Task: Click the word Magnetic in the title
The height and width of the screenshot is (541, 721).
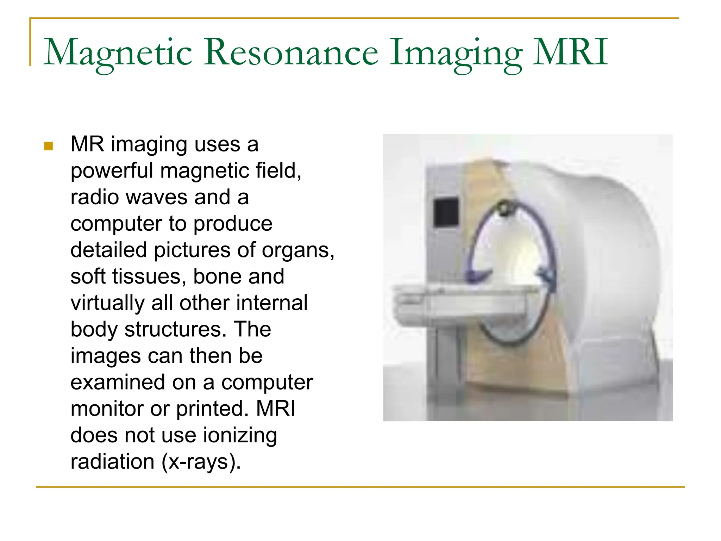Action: (x=118, y=53)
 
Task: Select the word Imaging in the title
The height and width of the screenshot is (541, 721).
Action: (x=456, y=53)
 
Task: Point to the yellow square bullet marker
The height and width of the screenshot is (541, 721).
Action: (x=49, y=146)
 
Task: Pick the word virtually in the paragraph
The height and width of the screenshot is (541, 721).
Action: (x=107, y=303)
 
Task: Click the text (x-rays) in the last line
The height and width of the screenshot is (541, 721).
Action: (x=201, y=462)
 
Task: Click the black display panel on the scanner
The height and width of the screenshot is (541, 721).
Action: (x=446, y=212)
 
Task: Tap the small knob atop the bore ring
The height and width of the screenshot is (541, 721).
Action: (x=504, y=208)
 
